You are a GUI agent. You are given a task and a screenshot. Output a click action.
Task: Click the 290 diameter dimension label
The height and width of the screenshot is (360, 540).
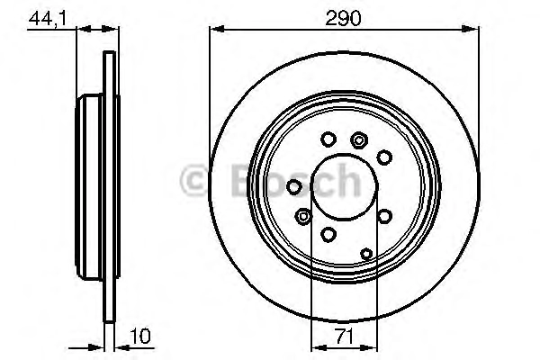coord(343,18)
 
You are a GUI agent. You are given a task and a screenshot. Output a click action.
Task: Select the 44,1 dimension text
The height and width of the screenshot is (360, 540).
coord(47,19)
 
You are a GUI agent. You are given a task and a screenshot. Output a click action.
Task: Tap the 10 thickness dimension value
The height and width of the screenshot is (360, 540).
coord(140,336)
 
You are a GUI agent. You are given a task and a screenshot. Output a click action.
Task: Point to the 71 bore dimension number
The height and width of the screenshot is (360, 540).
coord(345,336)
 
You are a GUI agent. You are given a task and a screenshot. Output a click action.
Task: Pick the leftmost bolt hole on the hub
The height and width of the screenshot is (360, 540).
coord(294,187)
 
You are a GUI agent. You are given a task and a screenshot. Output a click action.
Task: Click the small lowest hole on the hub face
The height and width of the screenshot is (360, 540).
coord(366,254)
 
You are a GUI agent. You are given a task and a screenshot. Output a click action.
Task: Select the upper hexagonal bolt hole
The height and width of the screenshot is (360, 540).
coord(359,140)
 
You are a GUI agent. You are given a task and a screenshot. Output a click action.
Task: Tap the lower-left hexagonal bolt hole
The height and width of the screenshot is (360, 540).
coord(303,217)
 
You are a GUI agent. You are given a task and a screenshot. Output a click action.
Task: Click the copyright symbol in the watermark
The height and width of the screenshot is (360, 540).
coord(193,180)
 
